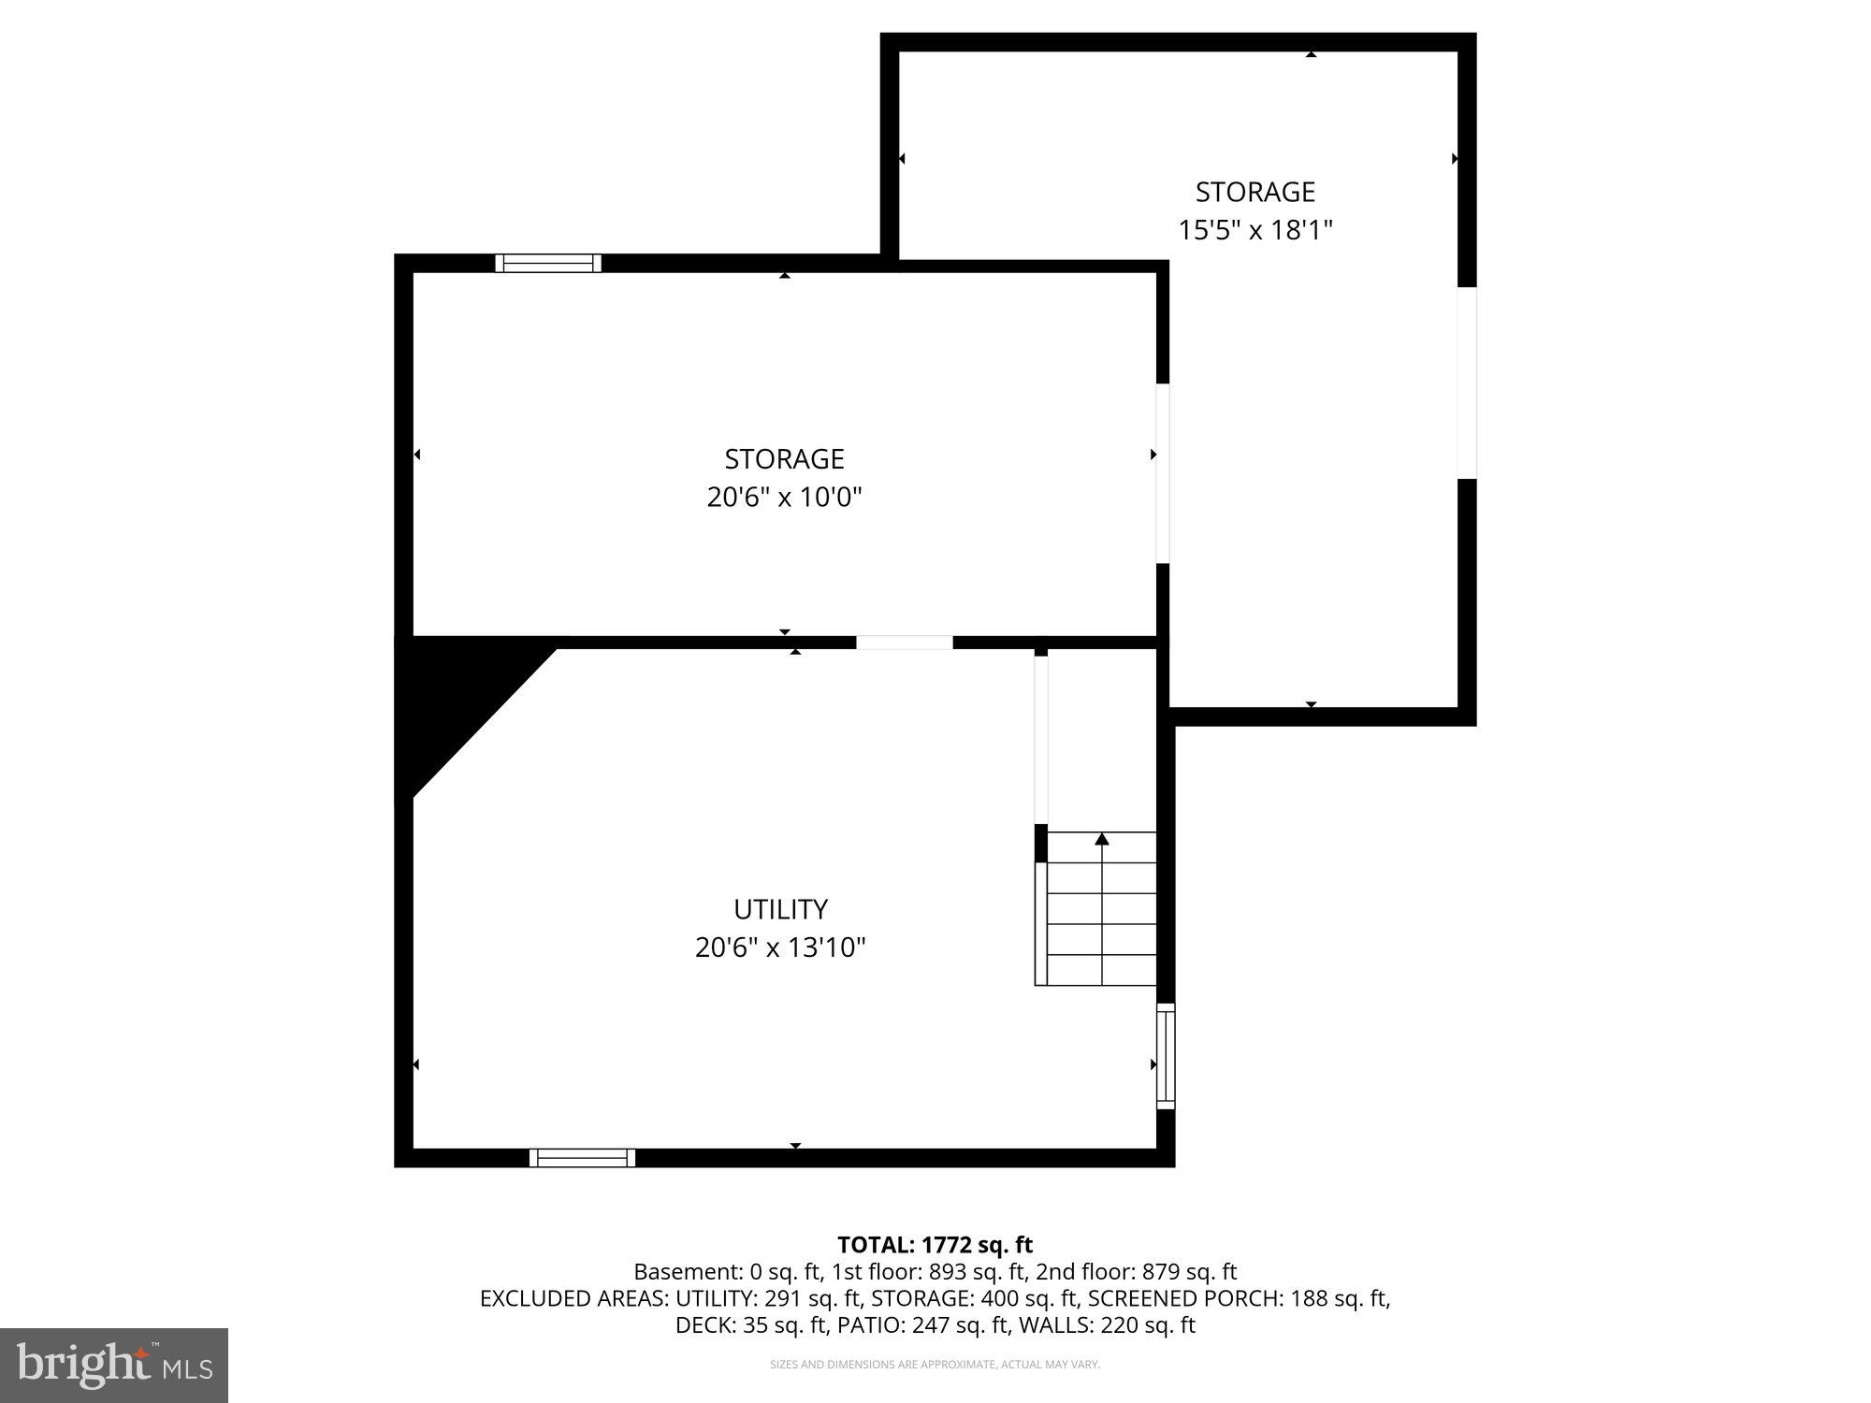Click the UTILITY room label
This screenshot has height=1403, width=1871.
[x=780, y=909]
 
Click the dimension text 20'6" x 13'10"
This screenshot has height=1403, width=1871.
[x=780, y=947]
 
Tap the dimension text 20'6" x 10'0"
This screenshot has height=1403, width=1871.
[x=784, y=497]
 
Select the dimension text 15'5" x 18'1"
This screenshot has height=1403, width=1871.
[x=1255, y=229]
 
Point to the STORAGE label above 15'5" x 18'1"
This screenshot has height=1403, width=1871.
[x=1255, y=192]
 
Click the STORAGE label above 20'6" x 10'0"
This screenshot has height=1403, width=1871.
[x=784, y=458]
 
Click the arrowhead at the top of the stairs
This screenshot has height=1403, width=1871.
[x=1102, y=839]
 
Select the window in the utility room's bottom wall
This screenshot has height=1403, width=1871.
[x=582, y=1158]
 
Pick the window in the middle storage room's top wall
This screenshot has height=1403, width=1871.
[x=548, y=263]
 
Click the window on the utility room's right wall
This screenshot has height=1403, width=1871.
[x=1166, y=1056]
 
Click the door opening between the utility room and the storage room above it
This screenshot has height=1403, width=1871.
[x=905, y=643]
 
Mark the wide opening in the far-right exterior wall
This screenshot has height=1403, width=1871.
[x=1467, y=383]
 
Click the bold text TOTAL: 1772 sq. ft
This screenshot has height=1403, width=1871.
[x=935, y=1245]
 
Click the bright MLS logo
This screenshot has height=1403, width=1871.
[x=114, y=1365]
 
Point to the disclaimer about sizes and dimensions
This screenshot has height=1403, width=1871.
[x=935, y=1365]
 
